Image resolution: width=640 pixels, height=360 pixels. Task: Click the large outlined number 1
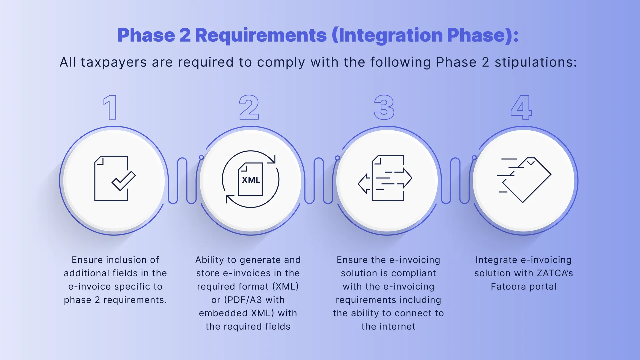111,107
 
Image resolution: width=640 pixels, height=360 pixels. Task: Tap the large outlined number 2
249,107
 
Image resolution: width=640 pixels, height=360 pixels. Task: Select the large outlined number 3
384,107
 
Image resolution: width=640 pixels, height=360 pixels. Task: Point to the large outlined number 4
521,107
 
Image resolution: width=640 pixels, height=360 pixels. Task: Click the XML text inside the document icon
251,180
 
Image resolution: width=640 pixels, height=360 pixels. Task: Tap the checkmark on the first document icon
124,181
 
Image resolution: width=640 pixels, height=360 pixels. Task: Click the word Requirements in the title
261,35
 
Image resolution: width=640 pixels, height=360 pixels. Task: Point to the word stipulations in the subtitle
535,62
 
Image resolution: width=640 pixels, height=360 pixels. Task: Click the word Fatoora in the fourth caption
508,287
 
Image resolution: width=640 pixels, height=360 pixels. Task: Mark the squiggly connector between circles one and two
182,181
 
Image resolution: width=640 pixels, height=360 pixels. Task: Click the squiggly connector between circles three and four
455,181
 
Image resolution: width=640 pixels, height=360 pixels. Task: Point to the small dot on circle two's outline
201,157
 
